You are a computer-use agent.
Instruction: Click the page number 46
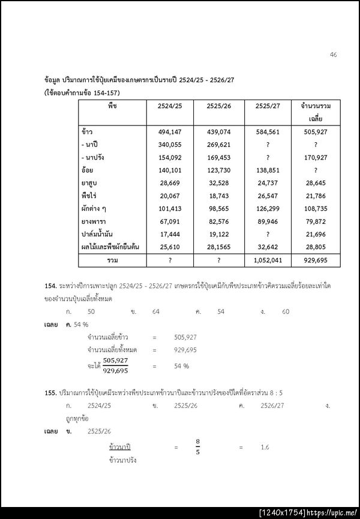(333, 55)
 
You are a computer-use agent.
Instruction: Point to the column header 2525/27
(268, 106)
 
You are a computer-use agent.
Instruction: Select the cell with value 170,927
(316, 158)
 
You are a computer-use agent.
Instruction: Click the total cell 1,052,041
(268, 260)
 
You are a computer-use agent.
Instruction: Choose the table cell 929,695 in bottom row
(316, 260)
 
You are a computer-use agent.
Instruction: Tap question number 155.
(50, 391)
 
